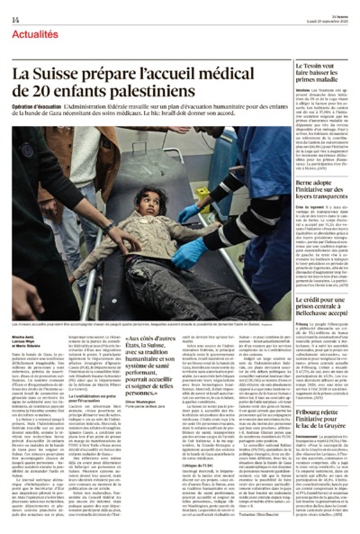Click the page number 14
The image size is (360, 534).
pos(14,19)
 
